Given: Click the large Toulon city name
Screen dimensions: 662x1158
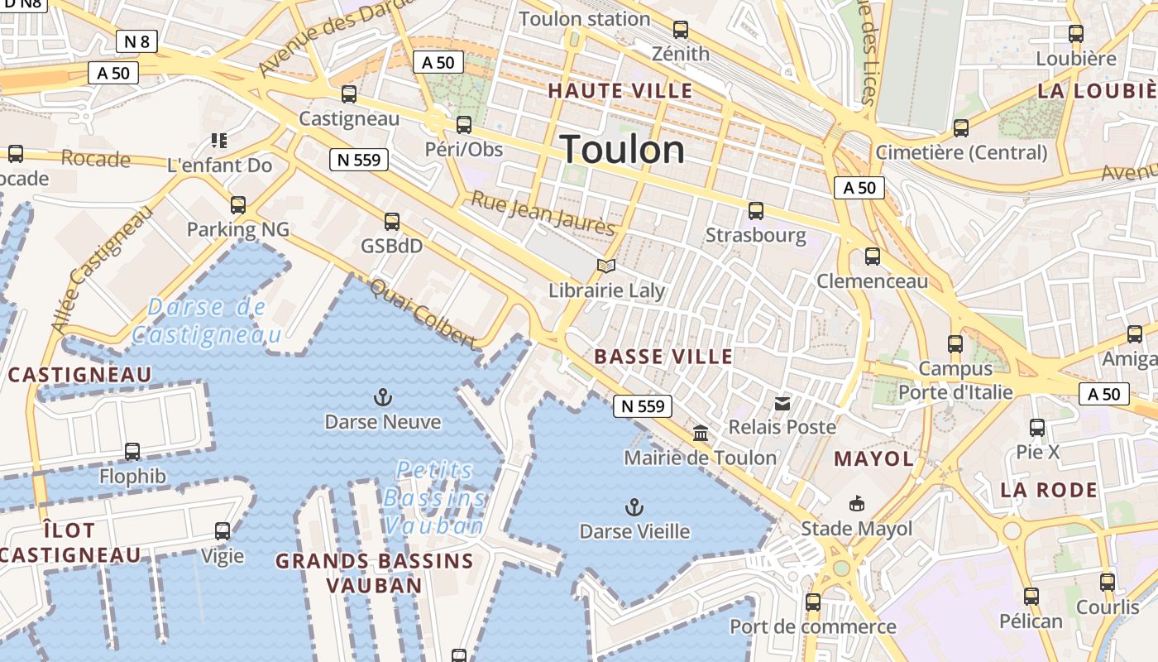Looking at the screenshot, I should (623, 150).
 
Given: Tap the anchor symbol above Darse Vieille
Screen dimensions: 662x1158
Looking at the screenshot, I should (634, 506).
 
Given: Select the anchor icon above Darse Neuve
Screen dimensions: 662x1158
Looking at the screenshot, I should (382, 397).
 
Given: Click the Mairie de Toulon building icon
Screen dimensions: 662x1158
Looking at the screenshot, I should (701, 433).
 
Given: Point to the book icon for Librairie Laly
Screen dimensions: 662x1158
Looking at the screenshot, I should (606, 266).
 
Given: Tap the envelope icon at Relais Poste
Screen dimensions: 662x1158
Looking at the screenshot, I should (782, 403).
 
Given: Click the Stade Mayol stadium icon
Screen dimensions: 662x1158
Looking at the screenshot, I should (857, 503).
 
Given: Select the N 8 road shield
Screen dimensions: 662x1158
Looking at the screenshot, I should (136, 41).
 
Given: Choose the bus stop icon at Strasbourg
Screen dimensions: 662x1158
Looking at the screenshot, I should (755, 210).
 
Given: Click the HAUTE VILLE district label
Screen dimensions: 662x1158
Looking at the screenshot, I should (620, 91).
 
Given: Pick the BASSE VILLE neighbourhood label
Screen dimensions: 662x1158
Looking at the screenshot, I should (663, 357).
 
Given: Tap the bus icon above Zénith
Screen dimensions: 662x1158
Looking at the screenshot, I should (680, 30).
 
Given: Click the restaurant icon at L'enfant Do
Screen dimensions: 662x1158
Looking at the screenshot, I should (219, 141).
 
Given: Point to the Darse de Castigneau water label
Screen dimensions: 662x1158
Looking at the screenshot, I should (206, 321).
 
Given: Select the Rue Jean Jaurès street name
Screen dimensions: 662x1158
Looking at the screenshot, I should (543, 213).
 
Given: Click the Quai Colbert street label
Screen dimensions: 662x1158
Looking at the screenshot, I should (423, 314).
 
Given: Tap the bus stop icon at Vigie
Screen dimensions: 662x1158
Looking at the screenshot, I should (223, 530).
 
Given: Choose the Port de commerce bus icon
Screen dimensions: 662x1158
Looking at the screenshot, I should (812, 602).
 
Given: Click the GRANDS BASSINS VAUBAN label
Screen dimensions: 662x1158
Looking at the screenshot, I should (374, 573).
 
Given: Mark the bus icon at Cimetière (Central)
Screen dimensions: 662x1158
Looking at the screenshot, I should (960, 128).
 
